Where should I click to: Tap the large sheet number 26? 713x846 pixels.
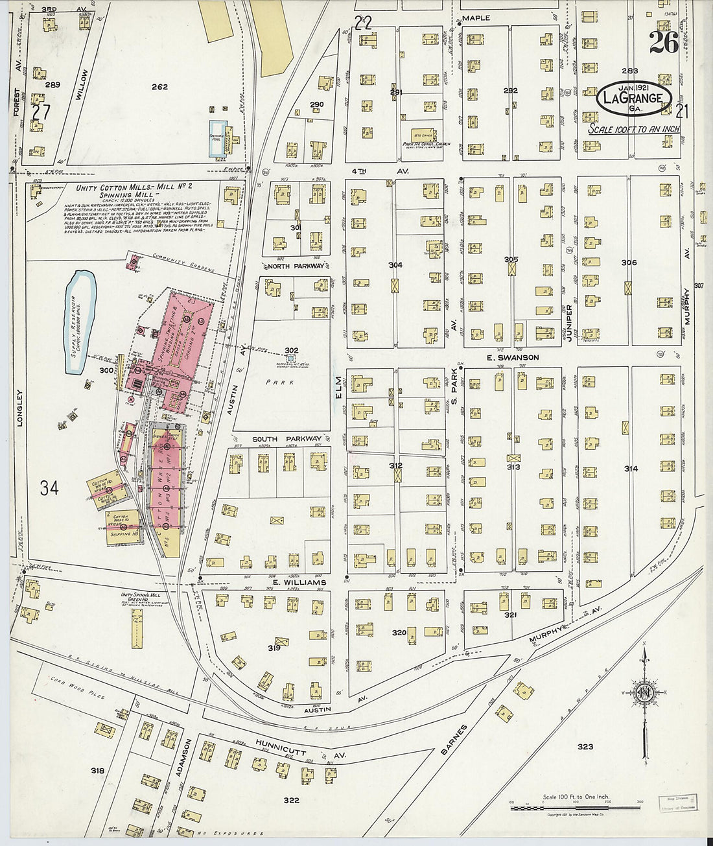click(x=663, y=43)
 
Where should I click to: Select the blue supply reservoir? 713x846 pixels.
click(x=81, y=322)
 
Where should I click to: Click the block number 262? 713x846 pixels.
click(x=159, y=87)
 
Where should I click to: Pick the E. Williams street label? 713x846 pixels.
click(x=299, y=583)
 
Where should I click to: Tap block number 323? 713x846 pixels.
click(x=585, y=747)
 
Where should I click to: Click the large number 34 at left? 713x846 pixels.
click(x=49, y=488)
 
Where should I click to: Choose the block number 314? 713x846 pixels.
click(x=631, y=469)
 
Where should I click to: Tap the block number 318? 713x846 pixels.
click(x=97, y=771)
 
